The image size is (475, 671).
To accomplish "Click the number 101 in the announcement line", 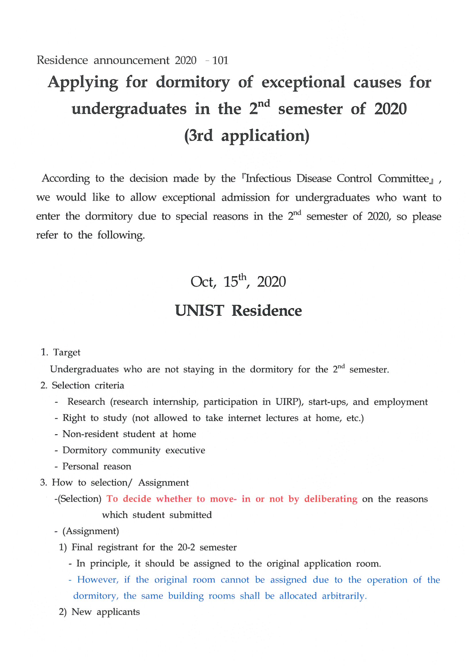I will click(220, 61).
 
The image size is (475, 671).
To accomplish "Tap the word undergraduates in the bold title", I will click(129, 109).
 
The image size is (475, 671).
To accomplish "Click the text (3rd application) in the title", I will click(247, 136).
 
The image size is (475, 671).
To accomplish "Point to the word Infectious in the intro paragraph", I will click(268, 179).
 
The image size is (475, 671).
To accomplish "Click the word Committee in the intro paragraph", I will click(403, 179).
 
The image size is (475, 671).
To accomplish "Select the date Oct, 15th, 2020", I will click(238, 282).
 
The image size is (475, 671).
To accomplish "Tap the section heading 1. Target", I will click(61, 352).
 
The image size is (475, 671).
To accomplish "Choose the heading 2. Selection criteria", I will click(82, 385).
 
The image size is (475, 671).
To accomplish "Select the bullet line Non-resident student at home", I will click(129, 434).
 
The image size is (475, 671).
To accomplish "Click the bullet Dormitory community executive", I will click(133, 450).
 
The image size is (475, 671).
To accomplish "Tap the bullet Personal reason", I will click(97, 466).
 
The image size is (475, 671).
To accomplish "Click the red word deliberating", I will click(330, 499).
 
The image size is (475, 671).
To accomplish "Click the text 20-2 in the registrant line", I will click(186, 547).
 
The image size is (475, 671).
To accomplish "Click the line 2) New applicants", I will click(99, 612).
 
